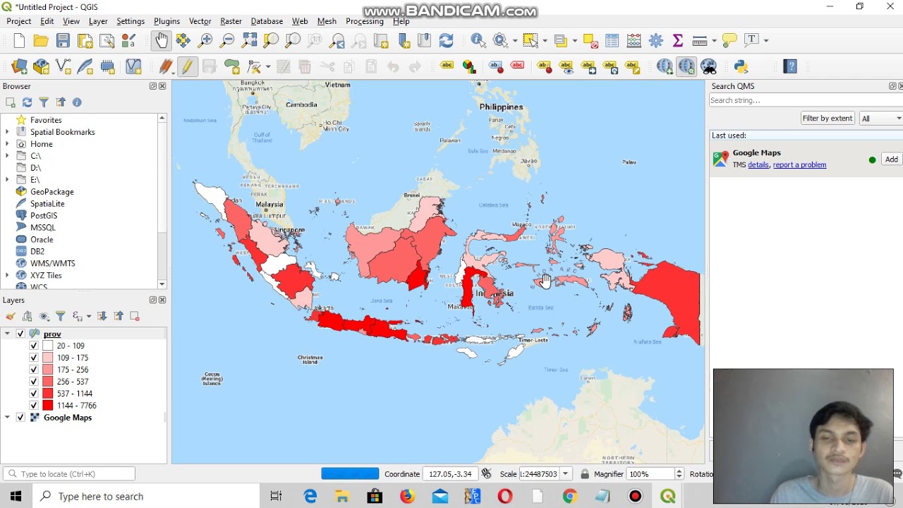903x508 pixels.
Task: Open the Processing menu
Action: [x=364, y=21]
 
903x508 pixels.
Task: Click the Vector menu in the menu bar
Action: [x=200, y=21]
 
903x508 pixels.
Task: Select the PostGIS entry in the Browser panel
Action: [x=44, y=216]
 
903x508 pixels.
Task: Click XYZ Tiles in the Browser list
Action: [x=46, y=275]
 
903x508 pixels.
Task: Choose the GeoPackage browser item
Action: [x=51, y=192]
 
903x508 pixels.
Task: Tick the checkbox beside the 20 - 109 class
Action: [x=34, y=346]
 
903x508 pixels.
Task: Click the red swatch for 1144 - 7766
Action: [x=48, y=406]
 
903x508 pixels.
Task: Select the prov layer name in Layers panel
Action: [x=52, y=334]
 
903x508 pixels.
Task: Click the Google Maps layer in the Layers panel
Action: [x=68, y=418]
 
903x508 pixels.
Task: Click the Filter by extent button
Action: [x=828, y=118]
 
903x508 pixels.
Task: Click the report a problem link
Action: [x=799, y=165]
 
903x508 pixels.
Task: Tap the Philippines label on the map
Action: [x=501, y=107]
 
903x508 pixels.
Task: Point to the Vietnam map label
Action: [x=337, y=85]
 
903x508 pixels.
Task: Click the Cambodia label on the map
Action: [x=301, y=104]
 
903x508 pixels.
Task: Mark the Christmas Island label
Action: [x=310, y=359]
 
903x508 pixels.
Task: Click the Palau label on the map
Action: [x=629, y=162]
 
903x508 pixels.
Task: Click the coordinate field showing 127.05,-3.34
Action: [x=449, y=474]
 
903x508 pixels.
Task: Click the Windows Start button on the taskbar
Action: [x=16, y=496]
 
